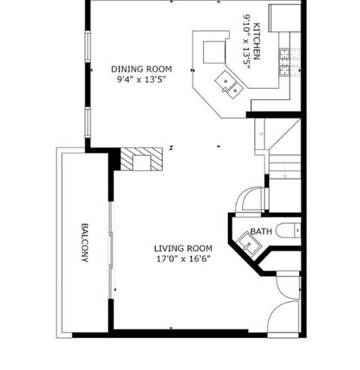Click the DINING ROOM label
coord(141,69)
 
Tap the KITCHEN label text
coord(256,41)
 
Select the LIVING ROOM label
coord(183,248)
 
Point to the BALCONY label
coord(85,242)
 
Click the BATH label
coord(261,231)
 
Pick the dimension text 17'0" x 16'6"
coord(183,259)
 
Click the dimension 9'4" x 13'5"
coord(142,80)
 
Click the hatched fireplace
coord(142,159)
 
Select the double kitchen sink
coord(229,85)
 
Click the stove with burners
coord(289,62)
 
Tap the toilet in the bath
coord(289,230)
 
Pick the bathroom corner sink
coord(249,243)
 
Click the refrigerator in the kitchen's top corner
coord(285,18)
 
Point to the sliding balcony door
coord(111,250)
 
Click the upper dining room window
coord(88,47)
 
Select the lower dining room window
coord(88,122)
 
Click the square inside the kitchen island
coord(214,52)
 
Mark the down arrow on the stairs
coord(285,176)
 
